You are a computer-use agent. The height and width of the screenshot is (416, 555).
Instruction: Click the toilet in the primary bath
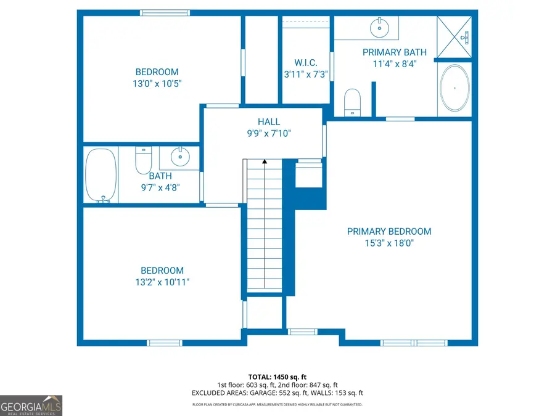(352, 102)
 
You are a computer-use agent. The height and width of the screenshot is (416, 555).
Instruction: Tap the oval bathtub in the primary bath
(455, 88)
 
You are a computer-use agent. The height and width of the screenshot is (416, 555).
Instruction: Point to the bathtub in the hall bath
(101, 175)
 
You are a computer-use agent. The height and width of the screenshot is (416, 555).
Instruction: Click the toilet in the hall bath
(144, 160)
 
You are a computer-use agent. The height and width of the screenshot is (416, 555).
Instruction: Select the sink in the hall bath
(179, 157)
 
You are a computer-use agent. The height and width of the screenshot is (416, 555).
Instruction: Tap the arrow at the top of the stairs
(265, 162)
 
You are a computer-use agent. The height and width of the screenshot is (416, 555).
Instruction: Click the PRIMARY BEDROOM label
(388, 232)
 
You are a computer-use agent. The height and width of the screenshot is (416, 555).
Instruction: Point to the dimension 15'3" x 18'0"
(388, 243)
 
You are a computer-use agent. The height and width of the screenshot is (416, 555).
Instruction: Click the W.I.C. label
(306, 62)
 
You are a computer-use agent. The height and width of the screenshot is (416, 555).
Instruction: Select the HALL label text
(269, 122)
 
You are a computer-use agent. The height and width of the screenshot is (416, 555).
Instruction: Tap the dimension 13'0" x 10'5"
(157, 83)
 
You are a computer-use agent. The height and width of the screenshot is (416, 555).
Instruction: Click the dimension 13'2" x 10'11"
(162, 282)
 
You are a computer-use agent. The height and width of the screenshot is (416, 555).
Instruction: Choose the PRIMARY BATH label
(395, 52)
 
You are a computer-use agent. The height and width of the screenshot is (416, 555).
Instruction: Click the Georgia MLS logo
(31, 406)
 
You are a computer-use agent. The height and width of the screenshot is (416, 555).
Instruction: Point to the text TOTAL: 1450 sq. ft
(277, 377)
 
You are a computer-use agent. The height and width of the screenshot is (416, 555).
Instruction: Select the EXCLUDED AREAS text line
(277, 393)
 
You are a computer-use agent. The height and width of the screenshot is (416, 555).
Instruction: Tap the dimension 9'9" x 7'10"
(269, 133)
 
